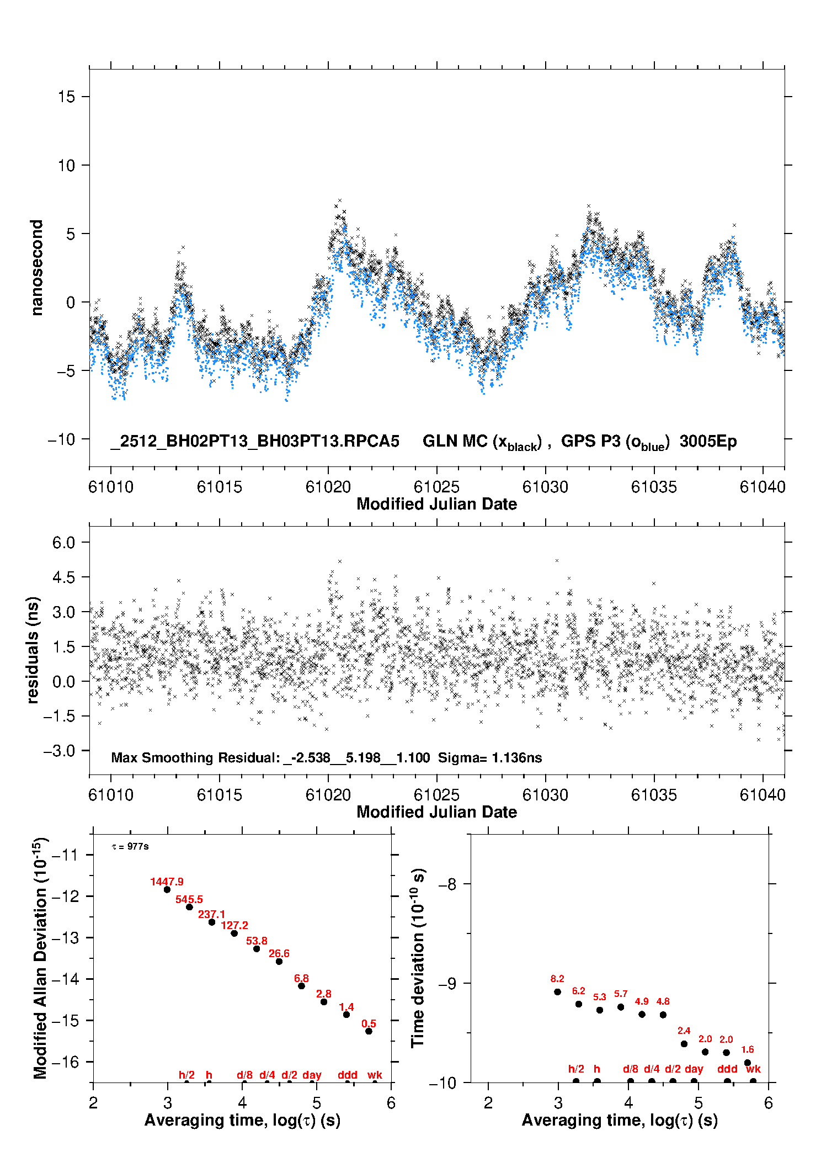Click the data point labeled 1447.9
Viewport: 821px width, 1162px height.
(167, 889)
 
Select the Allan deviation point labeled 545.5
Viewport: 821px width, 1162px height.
(189, 907)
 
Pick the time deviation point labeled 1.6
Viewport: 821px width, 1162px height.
(748, 1063)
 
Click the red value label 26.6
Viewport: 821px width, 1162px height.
(279, 953)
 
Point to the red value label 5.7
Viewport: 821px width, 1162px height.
(621, 994)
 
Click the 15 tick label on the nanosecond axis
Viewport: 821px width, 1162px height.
(66, 97)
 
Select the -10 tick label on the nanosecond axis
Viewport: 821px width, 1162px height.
(61, 439)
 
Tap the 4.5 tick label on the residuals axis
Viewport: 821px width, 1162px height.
(63, 577)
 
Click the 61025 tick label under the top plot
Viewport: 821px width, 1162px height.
(436, 487)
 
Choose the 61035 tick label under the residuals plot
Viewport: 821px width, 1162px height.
(654, 795)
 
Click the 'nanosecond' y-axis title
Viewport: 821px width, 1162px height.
(37, 268)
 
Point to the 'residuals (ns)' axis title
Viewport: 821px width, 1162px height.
(33, 650)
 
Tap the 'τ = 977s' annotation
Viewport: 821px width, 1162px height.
(130, 847)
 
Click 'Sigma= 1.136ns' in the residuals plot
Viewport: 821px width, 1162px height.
(490, 757)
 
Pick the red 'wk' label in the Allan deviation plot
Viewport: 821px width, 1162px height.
(375, 1075)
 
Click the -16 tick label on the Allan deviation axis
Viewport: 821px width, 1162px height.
(65, 1062)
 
